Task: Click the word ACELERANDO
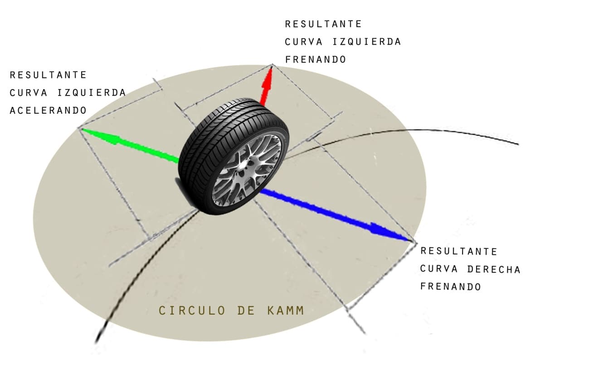click(x=49, y=110)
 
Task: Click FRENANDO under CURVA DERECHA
click(x=450, y=287)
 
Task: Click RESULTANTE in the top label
click(x=323, y=24)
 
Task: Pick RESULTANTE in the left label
click(x=48, y=75)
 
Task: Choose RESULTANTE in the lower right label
click(x=459, y=251)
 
